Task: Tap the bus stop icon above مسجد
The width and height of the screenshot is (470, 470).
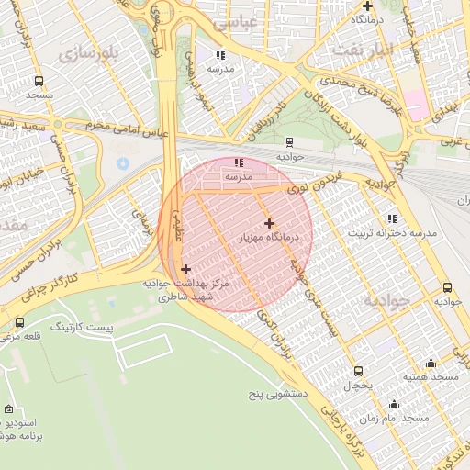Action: (39, 81)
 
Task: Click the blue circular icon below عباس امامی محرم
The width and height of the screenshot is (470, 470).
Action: (123, 163)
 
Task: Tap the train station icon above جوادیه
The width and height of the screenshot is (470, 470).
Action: (290, 142)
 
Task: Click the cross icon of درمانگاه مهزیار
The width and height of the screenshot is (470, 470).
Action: (269, 223)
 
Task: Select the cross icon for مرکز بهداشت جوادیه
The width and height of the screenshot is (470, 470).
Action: (186, 269)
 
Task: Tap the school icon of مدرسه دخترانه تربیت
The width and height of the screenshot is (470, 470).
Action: (392, 218)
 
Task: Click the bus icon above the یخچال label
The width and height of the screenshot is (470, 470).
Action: (358, 371)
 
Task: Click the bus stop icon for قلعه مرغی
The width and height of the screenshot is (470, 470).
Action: (20, 322)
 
